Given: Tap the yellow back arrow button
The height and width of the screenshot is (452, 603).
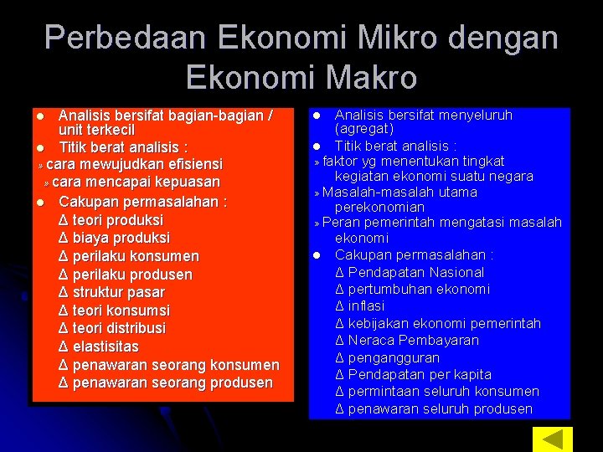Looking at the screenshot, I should coord(553,439).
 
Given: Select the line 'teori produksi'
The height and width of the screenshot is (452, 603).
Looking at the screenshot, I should coord(111,220).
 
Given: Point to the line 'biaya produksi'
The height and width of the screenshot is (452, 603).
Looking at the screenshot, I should coord(113,238).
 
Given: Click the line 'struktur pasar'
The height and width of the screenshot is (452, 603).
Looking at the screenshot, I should coord(113,292).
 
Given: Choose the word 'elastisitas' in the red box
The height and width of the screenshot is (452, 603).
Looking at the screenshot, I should coord(106,347).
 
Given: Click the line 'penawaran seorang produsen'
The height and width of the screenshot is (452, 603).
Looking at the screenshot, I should coord(166,383).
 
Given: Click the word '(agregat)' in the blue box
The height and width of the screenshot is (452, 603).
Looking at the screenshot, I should coord(364,129).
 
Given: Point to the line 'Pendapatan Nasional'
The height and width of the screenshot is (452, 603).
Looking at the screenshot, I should coord(410,272).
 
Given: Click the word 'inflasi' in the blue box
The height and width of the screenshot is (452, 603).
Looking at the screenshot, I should coord(366,306).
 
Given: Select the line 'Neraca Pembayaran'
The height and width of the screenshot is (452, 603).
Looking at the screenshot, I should coord(407,341).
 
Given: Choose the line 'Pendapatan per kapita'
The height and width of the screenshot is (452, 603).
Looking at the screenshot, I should coord(413,374).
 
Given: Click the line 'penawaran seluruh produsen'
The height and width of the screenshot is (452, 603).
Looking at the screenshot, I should coord(434,408).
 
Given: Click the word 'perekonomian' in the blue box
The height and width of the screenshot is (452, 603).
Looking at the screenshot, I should coord(379,207).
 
